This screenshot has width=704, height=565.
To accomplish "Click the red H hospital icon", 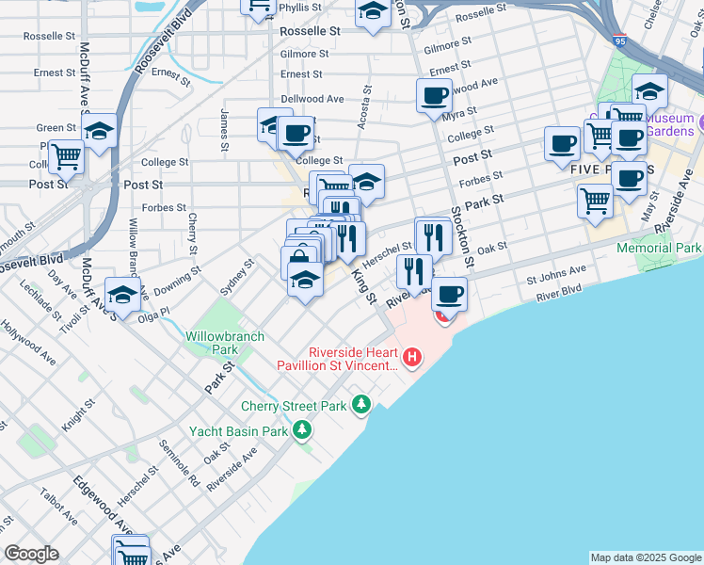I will pyautogui.click(x=411, y=357).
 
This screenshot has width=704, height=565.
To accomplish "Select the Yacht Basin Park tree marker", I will pyautogui.click(x=301, y=431).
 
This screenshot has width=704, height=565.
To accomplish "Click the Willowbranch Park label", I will pyautogui.click(x=211, y=342).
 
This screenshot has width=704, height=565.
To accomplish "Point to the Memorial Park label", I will pyautogui.click(x=659, y=248).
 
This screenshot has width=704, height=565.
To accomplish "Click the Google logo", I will pyautogui.click(x=31, y=553).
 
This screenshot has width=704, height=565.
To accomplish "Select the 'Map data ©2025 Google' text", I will pyautogui.click(x=646, y=557).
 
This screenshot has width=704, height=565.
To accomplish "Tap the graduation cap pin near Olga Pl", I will pyautogui.click(x=122, y=295).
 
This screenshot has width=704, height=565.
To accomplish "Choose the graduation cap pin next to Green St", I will pyautogui.click(x=98, y=132).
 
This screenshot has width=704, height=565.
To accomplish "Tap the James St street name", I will pyautogui.click(x=225, y=130).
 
